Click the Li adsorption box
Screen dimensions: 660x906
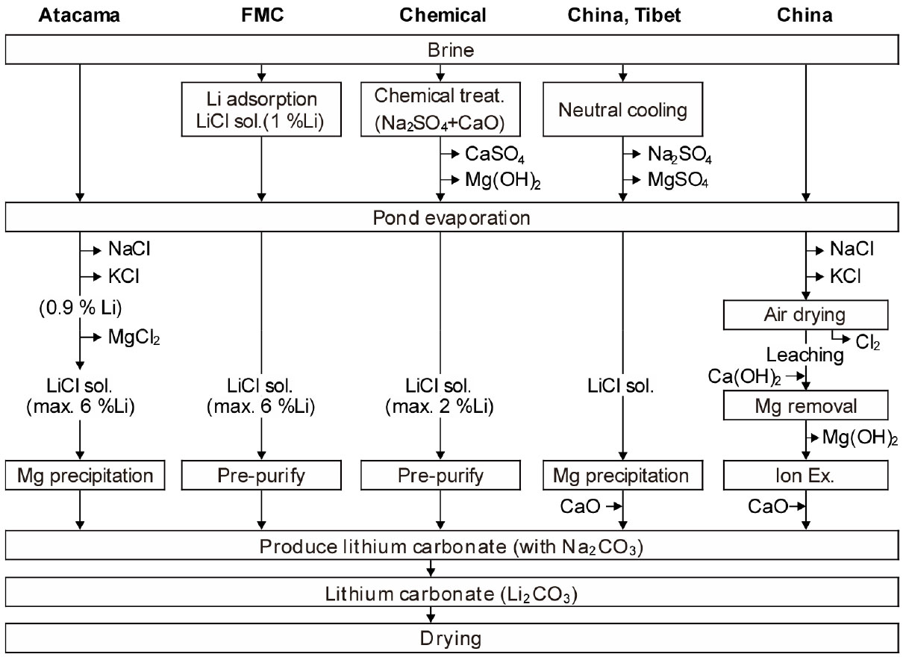260,109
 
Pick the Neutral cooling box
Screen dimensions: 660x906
623,110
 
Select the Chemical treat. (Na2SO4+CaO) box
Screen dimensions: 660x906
440,109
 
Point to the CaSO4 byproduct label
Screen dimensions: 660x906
490,155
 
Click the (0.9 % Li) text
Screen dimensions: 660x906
79,307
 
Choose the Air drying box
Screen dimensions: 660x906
806,314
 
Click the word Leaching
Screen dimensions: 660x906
806,355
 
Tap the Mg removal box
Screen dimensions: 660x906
806,407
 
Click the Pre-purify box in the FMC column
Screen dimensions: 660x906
260,475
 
